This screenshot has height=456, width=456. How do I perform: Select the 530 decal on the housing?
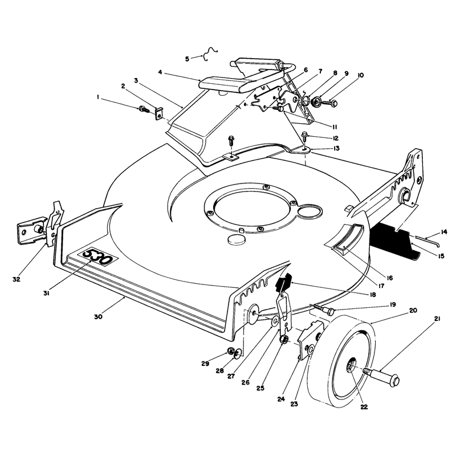97,257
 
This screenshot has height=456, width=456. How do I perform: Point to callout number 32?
17,279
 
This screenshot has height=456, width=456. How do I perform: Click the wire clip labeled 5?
210,54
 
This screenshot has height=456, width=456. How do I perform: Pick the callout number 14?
444,232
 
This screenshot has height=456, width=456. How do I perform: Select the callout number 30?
98,316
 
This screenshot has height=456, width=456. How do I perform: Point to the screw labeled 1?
144,109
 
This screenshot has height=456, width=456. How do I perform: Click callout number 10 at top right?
360,75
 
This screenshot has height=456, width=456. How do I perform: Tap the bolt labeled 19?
324,310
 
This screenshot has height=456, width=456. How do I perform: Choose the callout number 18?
372,294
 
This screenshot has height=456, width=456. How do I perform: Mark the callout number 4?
160,72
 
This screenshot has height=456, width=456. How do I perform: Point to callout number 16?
390,278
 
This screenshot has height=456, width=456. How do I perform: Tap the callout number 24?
280,399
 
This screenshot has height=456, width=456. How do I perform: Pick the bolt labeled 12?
305,136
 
